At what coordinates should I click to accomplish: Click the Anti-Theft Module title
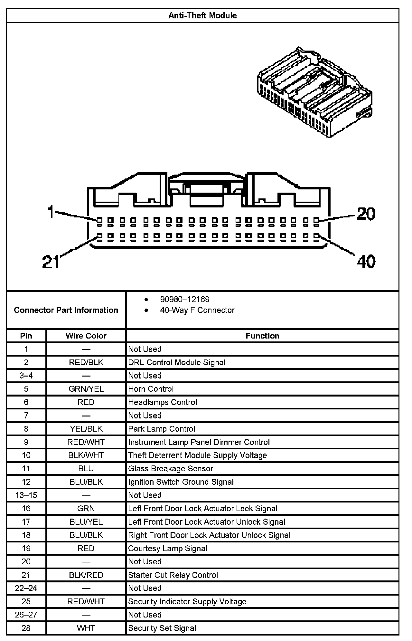pyautogui.click(x=202, y=15)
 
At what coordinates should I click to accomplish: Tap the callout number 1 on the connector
pyautogui.click(x=51, y=212)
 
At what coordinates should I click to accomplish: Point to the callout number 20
pyautogui.click(x=366, y=214)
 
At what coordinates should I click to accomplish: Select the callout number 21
pyautogui.click(x=51, y=262)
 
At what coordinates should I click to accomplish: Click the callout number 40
pyautogui.click(x=366, y=261)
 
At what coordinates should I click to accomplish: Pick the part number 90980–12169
pyautogui.click(x=185, y=299)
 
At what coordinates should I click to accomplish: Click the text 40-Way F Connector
pyautogui.click(x=197, y=310)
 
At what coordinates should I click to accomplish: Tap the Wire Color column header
pyautogui.click(x=86, y=336)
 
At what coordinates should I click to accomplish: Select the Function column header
pyautogui.click(x=262, y=336)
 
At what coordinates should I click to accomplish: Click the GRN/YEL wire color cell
pyautogui.click(x=86, y=389)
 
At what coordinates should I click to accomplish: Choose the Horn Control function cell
pyautogui.click(x=151, y=389)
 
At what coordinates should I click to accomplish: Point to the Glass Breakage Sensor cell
pyautogui.click(x=171, y=468)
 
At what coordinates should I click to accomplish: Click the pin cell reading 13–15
pyautogui.click(x=26, y=495)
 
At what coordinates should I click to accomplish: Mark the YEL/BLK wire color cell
pyautogui.click(x=86, y=429)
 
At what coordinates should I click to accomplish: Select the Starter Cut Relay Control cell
pyautogui.click(x=173, y=575)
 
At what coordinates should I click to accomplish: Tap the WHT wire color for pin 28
pyautogui.click(x=86, y=628)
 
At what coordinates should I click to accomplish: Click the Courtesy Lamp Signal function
pyautogui.click(x=168, y=548)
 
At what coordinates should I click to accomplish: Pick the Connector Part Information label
pyautogui.click(x=66, y=310)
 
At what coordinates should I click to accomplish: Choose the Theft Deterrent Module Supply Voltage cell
pyautogui.click(x=198, y=455)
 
